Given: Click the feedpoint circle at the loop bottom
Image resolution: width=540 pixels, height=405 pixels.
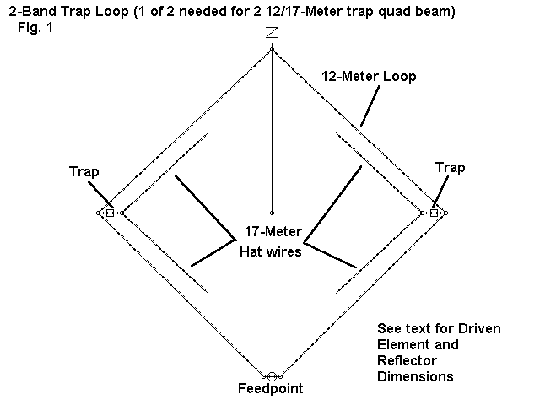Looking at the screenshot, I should coord(272,375).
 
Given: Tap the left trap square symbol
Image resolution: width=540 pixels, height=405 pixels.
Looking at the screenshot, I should coord(110,213).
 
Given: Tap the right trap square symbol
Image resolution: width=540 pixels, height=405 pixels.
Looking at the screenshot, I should coord(434,213).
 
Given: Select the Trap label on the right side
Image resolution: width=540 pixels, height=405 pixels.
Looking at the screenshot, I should coord(450,168).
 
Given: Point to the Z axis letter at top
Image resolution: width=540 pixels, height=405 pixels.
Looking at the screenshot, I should coord(272,34).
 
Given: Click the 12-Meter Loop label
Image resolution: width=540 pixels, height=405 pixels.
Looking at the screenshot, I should coord(369,76).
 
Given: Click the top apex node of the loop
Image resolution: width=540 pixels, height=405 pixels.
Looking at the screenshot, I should coord(272,50).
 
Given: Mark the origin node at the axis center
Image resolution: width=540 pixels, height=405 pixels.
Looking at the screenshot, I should coord(272,213).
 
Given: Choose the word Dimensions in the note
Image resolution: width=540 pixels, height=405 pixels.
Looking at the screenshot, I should coord(414,375).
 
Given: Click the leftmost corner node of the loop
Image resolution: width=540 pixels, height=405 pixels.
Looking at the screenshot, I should coord(99,213).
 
